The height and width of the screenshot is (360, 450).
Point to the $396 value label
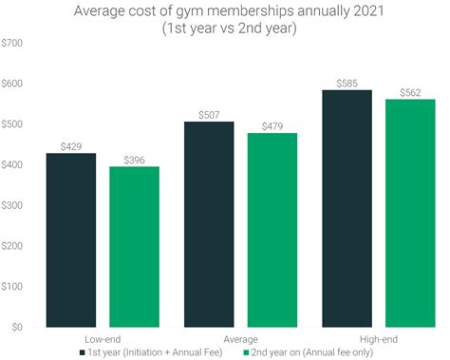pyautogui.click(x=134, y=158)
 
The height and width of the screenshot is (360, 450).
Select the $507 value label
pyautogui.click(x=209, y=114)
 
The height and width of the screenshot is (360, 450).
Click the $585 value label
pyautogui.click(x=347, y=82)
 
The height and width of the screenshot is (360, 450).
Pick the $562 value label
pyautogui.click(x=410, y=91)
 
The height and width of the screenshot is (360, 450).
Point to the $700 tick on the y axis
pyautogui.click(x=14, y=44)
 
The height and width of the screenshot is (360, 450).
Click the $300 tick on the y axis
pyautogui.click(x=14, y=205)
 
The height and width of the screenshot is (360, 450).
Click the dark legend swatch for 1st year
pyautogui.click(x=82, y=351)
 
